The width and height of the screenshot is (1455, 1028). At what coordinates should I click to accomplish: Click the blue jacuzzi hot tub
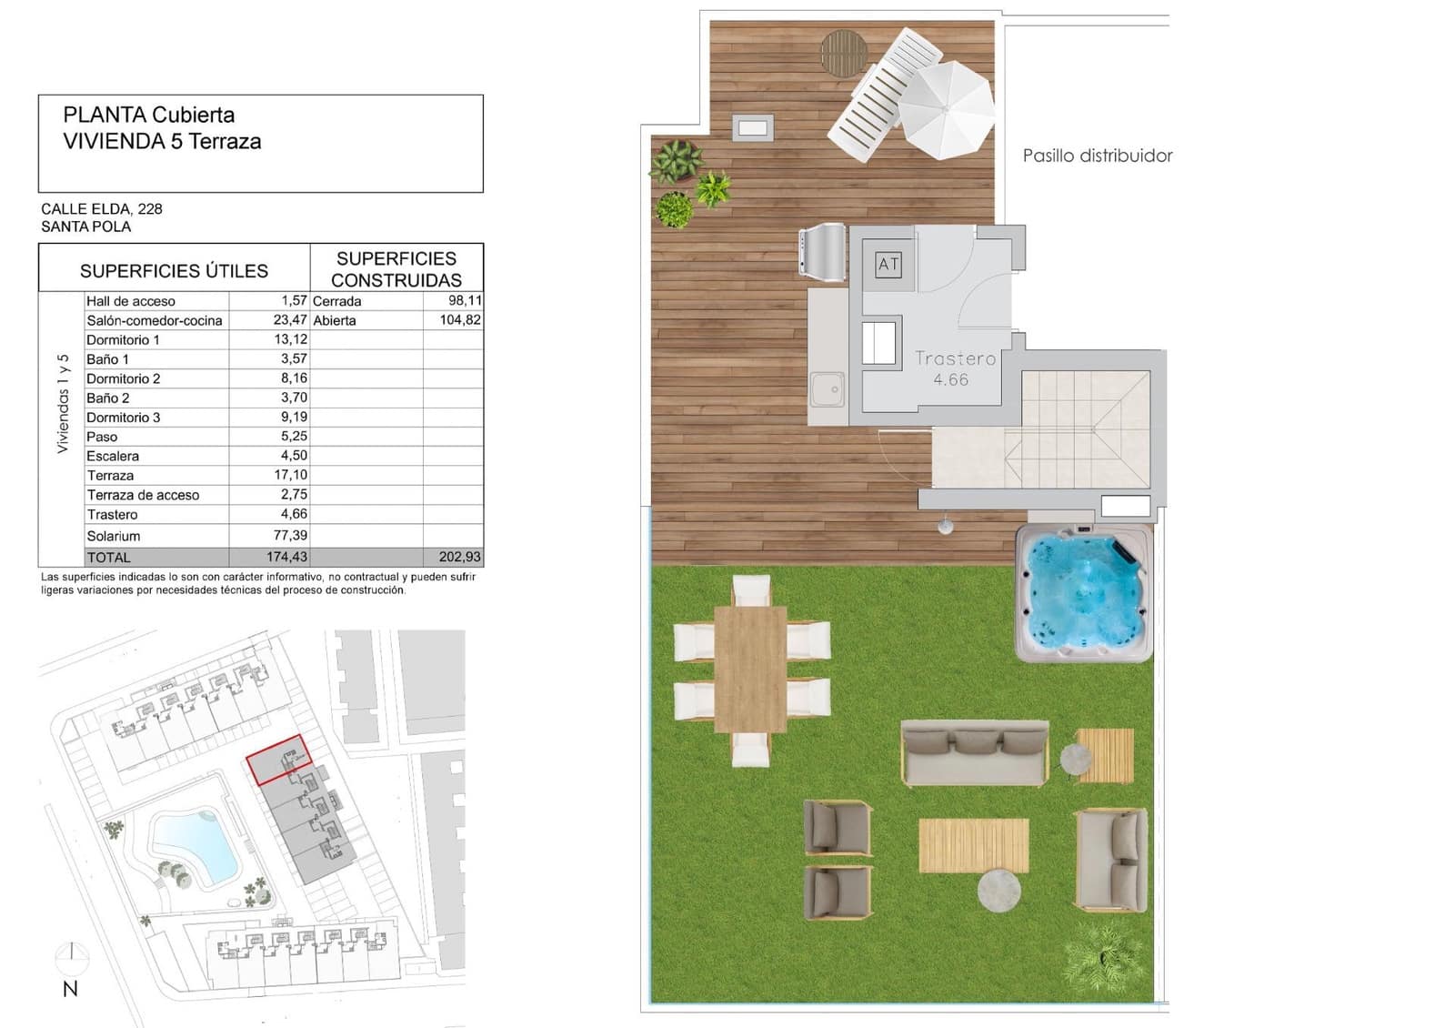point(1083,592)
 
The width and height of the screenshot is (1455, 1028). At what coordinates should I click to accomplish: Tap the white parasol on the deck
point(947,109)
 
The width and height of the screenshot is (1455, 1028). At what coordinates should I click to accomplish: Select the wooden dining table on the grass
point(750,669)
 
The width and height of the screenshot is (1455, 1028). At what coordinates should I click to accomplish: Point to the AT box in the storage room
point(888,264)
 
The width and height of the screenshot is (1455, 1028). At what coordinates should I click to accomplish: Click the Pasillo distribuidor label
point(1097,156)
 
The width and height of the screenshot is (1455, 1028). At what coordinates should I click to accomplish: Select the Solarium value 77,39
point(290,535)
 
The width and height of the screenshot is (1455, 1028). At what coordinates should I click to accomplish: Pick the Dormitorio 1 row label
point(123,339)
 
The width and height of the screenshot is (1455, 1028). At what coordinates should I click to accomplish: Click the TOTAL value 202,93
point(460,556)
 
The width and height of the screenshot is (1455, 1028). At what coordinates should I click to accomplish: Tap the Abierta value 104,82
point(460,319)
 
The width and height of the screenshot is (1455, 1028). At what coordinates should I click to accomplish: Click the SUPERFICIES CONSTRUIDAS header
point(396,269)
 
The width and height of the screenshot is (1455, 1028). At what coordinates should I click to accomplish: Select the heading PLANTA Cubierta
point(149,115)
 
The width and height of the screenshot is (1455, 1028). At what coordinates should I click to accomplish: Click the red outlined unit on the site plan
point(278,760)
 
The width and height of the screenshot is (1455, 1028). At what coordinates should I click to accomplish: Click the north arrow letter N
point(70,990)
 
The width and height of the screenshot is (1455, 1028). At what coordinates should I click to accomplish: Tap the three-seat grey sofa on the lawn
point(974,752)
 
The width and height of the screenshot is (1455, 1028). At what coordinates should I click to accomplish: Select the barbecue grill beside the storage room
point(822,251)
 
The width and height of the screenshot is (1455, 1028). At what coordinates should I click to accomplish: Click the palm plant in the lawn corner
point(1105,957)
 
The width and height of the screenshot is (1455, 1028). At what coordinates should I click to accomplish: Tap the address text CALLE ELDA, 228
point(102,208)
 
